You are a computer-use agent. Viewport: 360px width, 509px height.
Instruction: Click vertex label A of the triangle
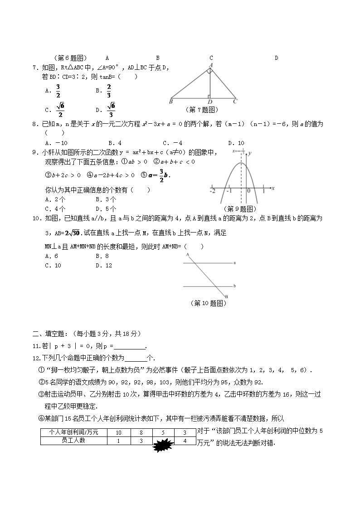210,65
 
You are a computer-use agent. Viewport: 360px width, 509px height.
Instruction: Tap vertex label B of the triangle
170,102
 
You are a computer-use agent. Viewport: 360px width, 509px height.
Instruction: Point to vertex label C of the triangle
235,102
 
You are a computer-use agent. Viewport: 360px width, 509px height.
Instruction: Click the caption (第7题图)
202,110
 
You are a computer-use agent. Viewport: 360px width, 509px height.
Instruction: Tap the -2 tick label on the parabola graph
212,191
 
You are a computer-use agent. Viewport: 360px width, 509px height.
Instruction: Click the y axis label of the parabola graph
250,154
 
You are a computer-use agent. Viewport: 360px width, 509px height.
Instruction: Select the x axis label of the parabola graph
272,188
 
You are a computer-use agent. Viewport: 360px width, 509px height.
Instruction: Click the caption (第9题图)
240,208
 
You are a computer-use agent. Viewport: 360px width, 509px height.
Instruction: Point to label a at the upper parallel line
234,262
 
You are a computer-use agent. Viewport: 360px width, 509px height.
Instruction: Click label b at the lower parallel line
234,286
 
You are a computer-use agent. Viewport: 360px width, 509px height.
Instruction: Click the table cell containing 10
119,432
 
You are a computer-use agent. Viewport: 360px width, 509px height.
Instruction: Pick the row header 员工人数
73,440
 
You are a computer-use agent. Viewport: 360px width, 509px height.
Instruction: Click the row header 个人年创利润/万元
73,432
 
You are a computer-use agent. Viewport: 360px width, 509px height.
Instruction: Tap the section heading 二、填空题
50,334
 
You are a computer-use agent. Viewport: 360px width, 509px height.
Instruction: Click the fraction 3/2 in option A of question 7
58,91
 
